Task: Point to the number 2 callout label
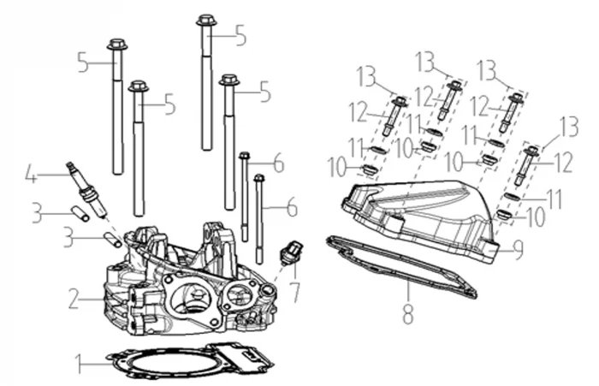(74, 299)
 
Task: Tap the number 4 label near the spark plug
(31, 178)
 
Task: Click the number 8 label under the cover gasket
(408, 314)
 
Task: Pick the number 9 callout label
(518, 248)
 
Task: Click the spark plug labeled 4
(87, 187)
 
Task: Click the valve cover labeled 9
(419, 210)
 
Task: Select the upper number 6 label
(279, 163)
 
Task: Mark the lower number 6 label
(291, 207)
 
